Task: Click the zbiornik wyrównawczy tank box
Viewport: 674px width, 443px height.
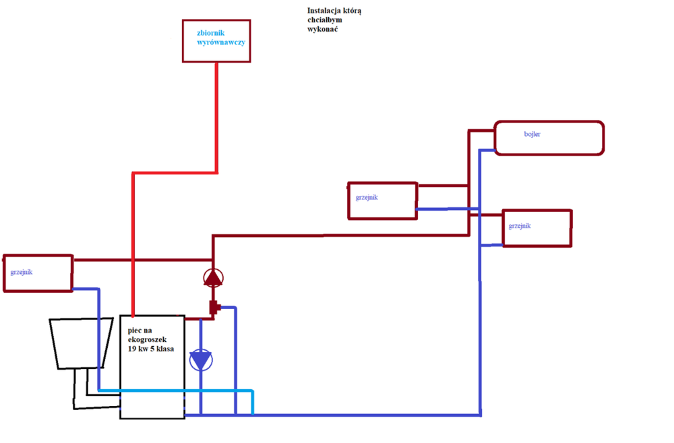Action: click(x=216, y=41)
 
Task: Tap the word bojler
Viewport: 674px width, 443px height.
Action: click(x=532, y=135)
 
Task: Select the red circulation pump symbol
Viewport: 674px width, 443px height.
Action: click(x=213, y=277)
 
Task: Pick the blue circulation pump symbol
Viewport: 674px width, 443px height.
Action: click(x=200, y=361)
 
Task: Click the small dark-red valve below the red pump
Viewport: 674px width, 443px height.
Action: click(x=214, y=308)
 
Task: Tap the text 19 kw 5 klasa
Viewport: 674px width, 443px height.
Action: click(x=151, y=349)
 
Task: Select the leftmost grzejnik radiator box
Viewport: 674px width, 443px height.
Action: click(x=38, y=273)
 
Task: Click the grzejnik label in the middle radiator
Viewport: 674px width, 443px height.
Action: click(x=367, y=197)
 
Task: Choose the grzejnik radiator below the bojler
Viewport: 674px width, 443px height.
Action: click(x=537, y=228)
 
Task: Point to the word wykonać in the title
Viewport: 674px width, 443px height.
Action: click(x=321, y=30)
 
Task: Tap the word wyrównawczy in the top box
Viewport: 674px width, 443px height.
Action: click(x=220, y=42)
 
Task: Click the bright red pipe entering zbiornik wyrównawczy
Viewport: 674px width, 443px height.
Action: click(x=216, y=114)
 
